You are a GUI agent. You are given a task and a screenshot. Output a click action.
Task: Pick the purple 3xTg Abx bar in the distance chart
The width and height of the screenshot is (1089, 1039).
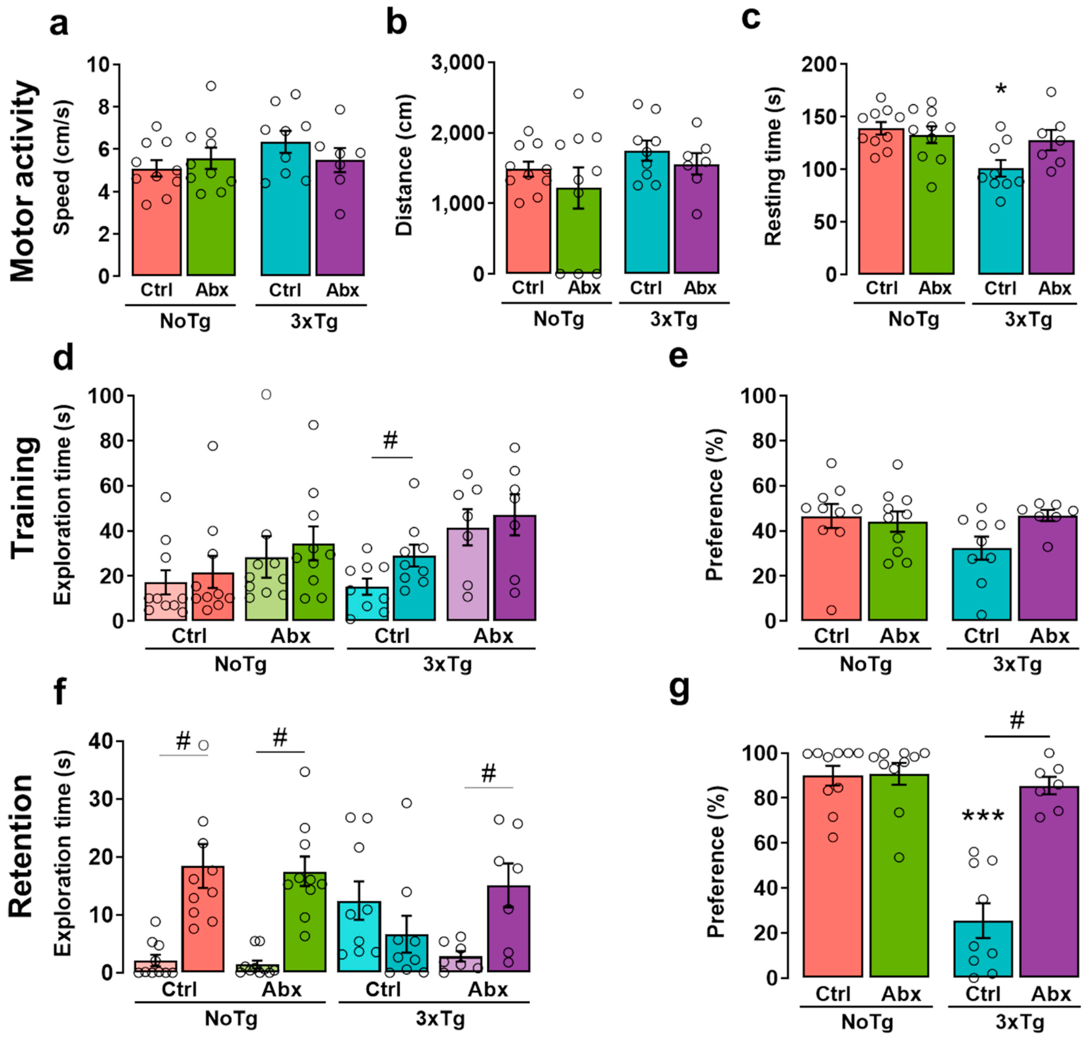click(696, 219)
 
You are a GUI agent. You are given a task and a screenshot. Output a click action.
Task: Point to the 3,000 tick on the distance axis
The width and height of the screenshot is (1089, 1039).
click(458, 63)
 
